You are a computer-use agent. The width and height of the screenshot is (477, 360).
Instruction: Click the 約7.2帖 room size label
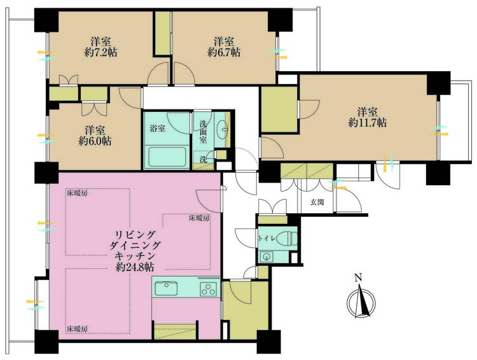click(x=100, y=52)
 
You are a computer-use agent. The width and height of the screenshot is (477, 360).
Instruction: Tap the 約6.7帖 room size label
click(x=224, y=52)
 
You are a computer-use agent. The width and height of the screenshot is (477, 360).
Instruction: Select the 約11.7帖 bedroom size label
click(x=368, y=123)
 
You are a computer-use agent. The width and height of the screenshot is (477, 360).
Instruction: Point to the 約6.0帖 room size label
click(x=95, y=141)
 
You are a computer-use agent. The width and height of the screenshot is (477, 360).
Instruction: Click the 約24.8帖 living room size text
click(x=135, y=267)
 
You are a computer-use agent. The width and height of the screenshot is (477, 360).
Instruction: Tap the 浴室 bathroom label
click(x=157, y=128)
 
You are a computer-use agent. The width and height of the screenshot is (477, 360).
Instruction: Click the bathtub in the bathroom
click(x=167, y=156)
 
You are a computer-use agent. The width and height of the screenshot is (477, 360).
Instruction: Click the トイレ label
click(x=266, y=239)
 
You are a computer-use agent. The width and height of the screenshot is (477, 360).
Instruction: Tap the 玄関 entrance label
click(x=317, y=202)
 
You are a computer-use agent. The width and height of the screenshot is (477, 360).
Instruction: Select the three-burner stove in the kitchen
click(x=209, y=289)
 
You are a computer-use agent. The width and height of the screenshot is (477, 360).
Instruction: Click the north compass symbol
click(x=361, y=303)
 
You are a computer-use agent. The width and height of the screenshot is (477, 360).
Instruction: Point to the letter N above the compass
click(x=358, y=277)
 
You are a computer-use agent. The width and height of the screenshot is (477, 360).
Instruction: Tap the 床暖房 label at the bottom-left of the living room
click(x=78, y=329)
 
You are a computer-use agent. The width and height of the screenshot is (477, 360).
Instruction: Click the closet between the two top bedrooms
click(x=162, y=33)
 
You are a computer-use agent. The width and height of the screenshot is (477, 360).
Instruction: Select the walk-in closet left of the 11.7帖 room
click(x=279, y=109)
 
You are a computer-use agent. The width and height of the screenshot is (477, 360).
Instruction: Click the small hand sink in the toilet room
click(x=267, y=256)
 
